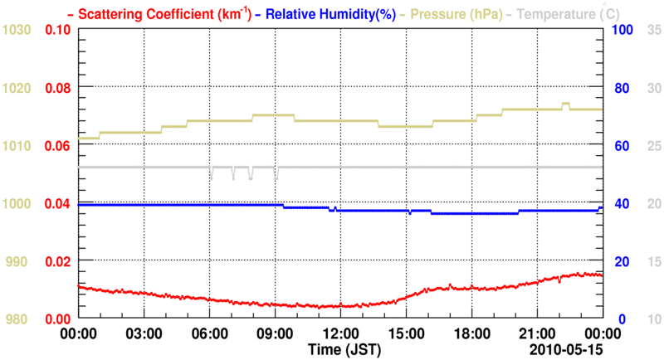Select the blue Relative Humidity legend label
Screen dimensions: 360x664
point(336,13)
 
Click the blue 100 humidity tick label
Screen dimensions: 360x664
point(623,30)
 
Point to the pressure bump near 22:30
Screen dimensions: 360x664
point(566,105)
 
